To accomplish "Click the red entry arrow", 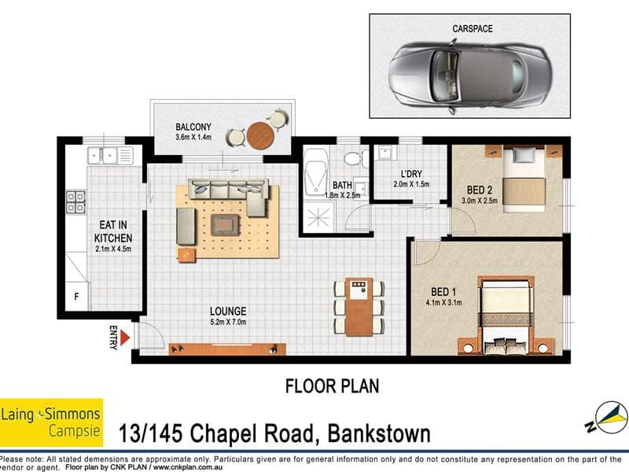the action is click(x=125, y=338).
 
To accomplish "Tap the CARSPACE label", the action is click(x=473, y=29).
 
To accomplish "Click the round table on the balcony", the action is click(x=260, y=135).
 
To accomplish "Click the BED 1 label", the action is click(x=443, y=292).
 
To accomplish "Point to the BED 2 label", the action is click(x=480, y=190).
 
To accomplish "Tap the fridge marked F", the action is click(x=76, y=297).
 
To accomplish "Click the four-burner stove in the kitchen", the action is click(x=75, y=202).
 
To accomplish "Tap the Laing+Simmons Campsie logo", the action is click(x=51, y=422).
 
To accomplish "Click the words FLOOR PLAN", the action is click(x=332, y=386).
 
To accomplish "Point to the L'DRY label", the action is click(x=411, y=174).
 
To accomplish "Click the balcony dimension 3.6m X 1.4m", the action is click(x=193, y=137).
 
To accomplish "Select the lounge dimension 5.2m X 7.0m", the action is click(x=228, y=322).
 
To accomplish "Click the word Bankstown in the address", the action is click(x=379, y=434).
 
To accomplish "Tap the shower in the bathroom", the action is click(x=319, y=217).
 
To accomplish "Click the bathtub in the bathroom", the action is click(x=316, y=172).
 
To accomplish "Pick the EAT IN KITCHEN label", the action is click(x=113, y=231).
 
